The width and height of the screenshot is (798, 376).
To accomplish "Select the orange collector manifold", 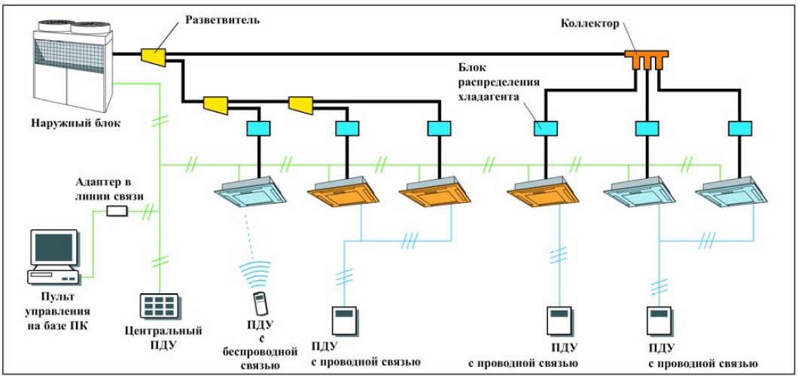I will tap(646, 58).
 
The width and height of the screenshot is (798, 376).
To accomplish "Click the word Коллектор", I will tap(590, 23).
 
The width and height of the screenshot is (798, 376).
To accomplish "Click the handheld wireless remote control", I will tap(260, 302).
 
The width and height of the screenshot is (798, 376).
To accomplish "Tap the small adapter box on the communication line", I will tap(117, 211).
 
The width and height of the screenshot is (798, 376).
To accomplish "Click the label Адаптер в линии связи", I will tap(108, 190).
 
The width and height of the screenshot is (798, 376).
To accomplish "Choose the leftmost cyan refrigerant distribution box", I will tap(259, 129).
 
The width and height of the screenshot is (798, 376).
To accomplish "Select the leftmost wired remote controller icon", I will tap(344, 319).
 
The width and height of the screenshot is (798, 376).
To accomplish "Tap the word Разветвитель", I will tap(223, 20).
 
